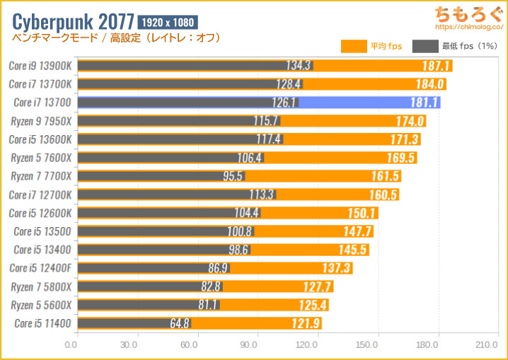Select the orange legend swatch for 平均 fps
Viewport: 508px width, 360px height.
[354, 47]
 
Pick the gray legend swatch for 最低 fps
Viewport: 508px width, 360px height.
[427, 47]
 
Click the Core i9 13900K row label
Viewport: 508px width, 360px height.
[40, 66]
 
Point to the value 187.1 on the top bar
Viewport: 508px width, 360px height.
[432, 66]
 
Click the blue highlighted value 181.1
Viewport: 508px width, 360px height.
[421, 103]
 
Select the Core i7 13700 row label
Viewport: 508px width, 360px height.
[42, 103]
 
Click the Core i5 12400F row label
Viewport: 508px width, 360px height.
[40, 268]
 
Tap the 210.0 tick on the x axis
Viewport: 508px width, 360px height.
[487, 345]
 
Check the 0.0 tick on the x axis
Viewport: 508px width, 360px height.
[71, 345]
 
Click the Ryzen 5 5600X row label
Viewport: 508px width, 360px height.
[40, 305]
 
